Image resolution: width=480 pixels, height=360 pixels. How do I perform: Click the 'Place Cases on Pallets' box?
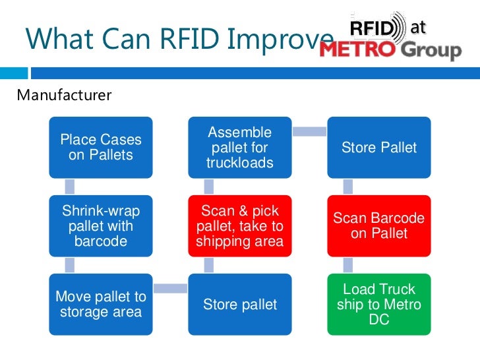pos(101,148)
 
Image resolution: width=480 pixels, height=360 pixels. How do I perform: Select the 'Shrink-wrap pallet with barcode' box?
pos(101,226)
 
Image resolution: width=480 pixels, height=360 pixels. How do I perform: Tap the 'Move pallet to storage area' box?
pos(101,304)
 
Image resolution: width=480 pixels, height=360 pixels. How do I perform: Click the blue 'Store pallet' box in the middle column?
pos(240,304)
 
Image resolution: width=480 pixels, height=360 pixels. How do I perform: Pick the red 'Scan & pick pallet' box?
pos(240,226)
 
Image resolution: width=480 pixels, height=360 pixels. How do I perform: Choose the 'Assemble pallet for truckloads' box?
pos(240,148)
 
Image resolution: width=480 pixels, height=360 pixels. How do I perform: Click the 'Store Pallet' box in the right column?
pos(379,148)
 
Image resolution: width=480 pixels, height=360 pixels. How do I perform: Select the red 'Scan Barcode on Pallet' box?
pos(379,226)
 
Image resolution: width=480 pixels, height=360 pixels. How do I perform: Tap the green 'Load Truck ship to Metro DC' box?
pos(379,304)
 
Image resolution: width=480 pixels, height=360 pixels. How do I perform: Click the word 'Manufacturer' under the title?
pos(65,96)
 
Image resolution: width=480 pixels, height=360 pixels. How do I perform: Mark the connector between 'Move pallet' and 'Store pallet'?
pos(171,287)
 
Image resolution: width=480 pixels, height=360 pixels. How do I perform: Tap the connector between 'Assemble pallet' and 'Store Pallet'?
pos(310,132)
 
